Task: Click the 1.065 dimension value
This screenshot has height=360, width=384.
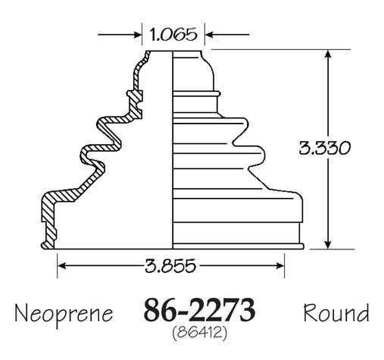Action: [173, 34]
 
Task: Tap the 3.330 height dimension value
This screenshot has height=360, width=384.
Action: [325, 148]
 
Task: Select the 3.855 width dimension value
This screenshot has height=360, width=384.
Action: [170, 265]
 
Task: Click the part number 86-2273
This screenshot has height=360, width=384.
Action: [199, 309]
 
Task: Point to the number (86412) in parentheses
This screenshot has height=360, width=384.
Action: [199, 333]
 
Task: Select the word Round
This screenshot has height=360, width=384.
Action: [336, 312]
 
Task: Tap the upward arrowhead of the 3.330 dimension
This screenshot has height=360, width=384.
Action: [328, 54]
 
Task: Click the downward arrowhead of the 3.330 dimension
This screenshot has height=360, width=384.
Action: [328, 244]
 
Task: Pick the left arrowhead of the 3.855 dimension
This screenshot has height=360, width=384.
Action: [62, 266]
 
